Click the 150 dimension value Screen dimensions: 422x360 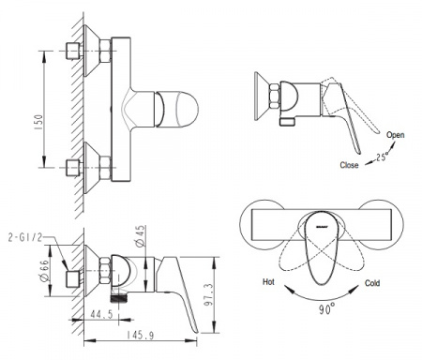(38, 123)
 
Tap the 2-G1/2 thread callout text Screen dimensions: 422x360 (24, 237)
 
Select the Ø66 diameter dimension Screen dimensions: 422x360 (45, 271)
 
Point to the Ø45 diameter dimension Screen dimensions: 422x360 (141, 236)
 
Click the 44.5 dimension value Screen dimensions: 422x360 (101, 314)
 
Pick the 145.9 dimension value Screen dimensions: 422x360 (141, 336)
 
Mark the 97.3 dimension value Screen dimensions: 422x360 (208, 294)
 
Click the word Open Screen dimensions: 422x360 (396, 135)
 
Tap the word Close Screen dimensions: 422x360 (349, 165)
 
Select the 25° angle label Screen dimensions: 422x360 (383, 157)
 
